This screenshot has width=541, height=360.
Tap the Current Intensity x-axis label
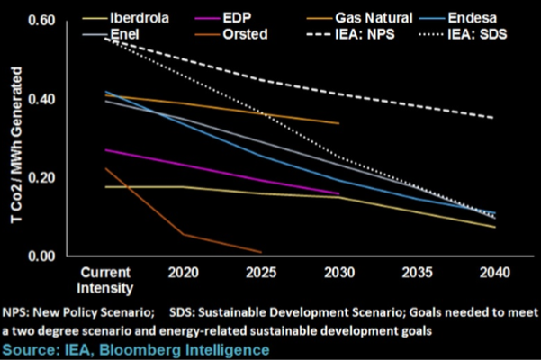pos(107,280)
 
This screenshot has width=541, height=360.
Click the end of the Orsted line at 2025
pos(261,253)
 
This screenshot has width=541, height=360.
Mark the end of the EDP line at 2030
pos(338,193)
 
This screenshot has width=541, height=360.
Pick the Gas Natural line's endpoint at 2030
pos(338,123)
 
